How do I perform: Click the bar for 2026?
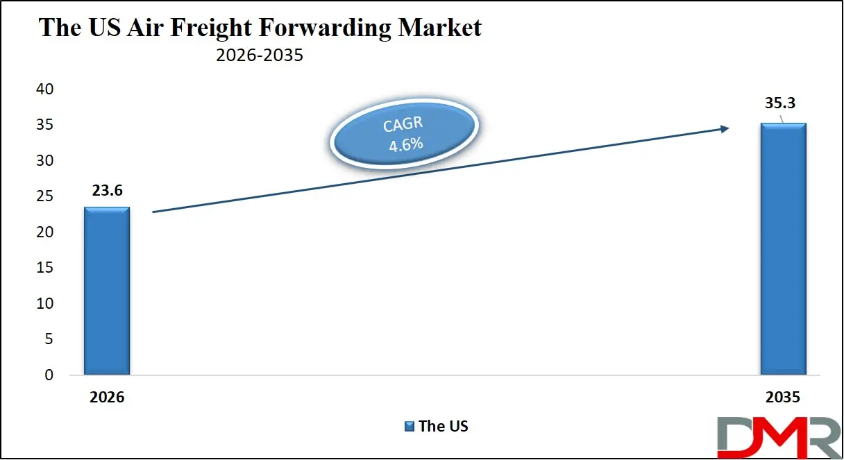(107, 291)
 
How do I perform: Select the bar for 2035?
(783, 249)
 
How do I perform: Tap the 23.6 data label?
(106, 191)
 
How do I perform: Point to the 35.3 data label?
(780, 103)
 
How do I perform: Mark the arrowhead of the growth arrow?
(724, 128)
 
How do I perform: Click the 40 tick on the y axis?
(44, 90)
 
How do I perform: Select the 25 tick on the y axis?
(44, 196)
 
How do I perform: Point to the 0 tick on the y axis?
(49, 375)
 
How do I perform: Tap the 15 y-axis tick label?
(44, 268)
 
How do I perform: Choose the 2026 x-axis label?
(106, 398)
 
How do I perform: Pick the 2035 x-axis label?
(783, 398)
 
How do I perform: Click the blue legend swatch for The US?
(410, 426)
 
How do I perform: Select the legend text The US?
(444, 426)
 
